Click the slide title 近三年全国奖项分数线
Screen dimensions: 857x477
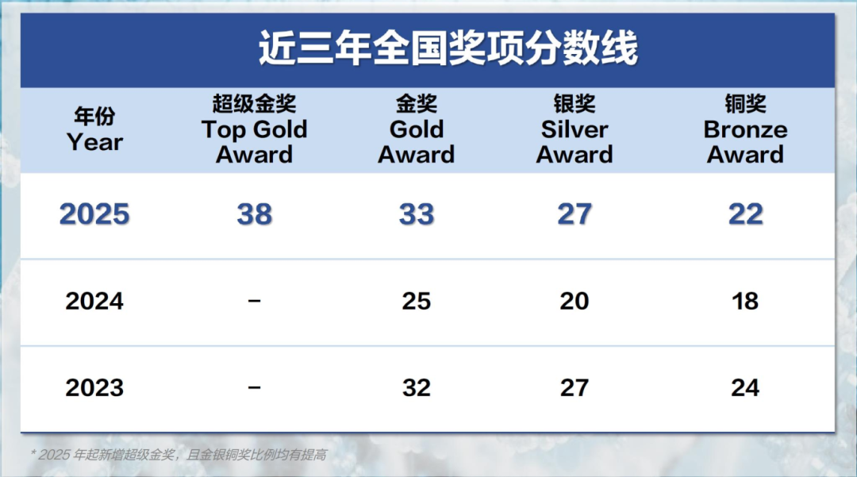pos(448,48)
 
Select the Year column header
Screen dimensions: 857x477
pos(94,129)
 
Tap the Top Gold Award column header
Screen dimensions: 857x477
pos(254,129)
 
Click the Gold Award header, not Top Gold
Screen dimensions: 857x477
pos(417,129)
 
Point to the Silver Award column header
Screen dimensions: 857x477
pos(575,129)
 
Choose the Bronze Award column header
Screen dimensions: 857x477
pos(745,129)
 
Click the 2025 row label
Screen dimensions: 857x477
pos(94,213)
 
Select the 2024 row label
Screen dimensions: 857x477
pos(94,301)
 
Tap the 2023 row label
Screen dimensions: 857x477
pos(94,388)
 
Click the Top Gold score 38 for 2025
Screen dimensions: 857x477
pos(255,213)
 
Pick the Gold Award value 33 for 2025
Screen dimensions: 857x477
pos(417,213)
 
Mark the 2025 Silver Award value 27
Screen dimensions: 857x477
pos(575,213)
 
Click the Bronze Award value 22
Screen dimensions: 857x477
pos(745,213)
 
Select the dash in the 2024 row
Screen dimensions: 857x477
pos(254,301)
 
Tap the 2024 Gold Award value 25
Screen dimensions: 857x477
pos(417,301)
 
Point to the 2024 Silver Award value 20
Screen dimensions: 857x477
pos(575,301)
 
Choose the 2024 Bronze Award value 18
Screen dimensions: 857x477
pos(745,301)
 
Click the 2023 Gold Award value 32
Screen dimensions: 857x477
pos(417,388)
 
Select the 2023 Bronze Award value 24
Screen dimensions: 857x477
pos(745,388)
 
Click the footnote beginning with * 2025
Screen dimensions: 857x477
pos(179,455)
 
